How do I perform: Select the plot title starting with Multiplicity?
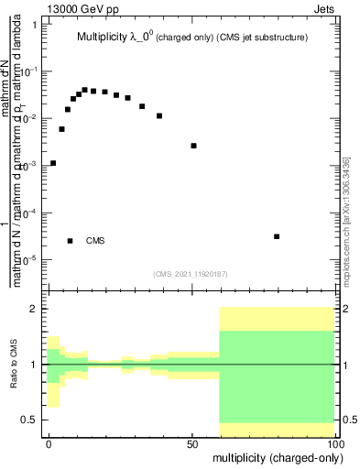coord(191,38)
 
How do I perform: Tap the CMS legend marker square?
coord(70,241)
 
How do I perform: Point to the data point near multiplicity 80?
coord(277,236)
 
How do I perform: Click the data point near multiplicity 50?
coord(193,146)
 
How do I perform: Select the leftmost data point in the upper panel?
coord(53,163)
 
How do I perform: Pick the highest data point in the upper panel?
coord(84,90)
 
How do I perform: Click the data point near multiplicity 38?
coord(159,115)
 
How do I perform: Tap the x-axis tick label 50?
coord(192,442)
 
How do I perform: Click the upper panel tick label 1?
coord(34,25)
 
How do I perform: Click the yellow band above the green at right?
coord(277,319)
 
